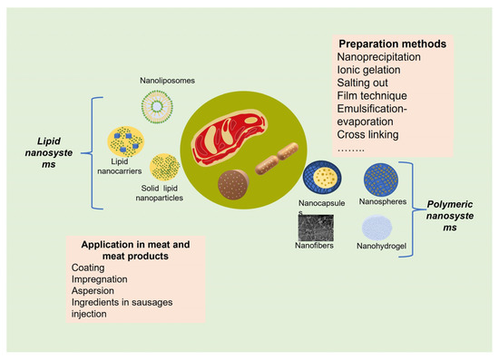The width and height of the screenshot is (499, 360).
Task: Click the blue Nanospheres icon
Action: click(380, 180)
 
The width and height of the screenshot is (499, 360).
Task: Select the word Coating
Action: click(89, 268)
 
